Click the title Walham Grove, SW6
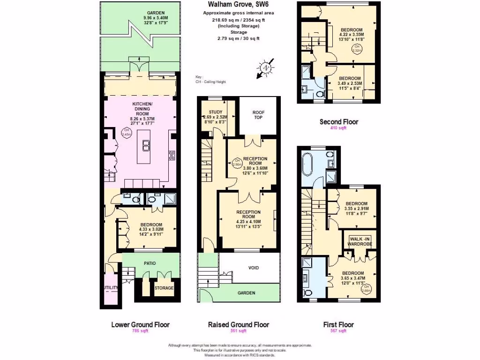232,5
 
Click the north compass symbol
266,68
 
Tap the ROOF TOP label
258,115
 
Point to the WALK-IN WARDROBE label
359,241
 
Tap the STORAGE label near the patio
164,288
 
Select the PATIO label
150,263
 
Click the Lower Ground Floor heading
140,324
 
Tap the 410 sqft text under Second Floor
338,128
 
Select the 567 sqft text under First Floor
338,331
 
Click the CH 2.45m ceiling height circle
126,133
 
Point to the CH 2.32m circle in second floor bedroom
357,48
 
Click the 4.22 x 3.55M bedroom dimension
351,34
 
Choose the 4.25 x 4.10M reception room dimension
248,222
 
